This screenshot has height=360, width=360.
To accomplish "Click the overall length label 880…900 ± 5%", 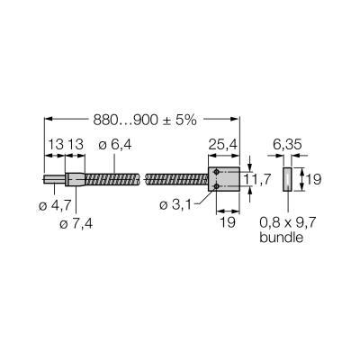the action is pyautogui.click(x=145, y=121).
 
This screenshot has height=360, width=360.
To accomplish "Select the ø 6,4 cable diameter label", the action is pyautogui.click(x=115, y=145).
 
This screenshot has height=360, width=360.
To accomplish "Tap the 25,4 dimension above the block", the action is pyautogui.click(x=223, y=145).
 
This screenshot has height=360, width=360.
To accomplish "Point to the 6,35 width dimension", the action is pyautogui.click(x=287, y=145).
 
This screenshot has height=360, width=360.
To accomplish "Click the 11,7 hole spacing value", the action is pyautogui.click(x=256, y=179).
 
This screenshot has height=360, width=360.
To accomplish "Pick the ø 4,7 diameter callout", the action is pyautogui.click(x=55, y=205).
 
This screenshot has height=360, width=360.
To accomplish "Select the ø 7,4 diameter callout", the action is pyautogui.click(x=76, y=223).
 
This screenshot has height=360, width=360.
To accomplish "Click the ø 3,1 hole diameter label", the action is pyautogui.click(x=175, y=205).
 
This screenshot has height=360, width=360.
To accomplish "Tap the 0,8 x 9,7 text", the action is pyautogui.click(x=288, y=222).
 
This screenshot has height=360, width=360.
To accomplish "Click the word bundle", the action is pyautogui.click(x=281, y=238).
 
